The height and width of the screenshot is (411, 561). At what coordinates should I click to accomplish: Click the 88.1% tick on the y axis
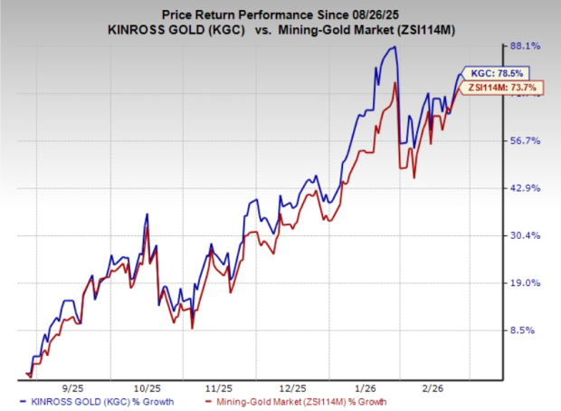527,45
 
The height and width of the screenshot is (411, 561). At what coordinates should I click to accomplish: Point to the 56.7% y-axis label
527,140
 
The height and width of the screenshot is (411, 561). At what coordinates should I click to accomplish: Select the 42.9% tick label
527,188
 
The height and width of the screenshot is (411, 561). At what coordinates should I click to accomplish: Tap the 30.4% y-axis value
527,235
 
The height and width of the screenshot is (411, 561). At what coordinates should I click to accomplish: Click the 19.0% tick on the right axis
527,283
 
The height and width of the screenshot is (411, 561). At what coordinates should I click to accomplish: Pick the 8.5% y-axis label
528,330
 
